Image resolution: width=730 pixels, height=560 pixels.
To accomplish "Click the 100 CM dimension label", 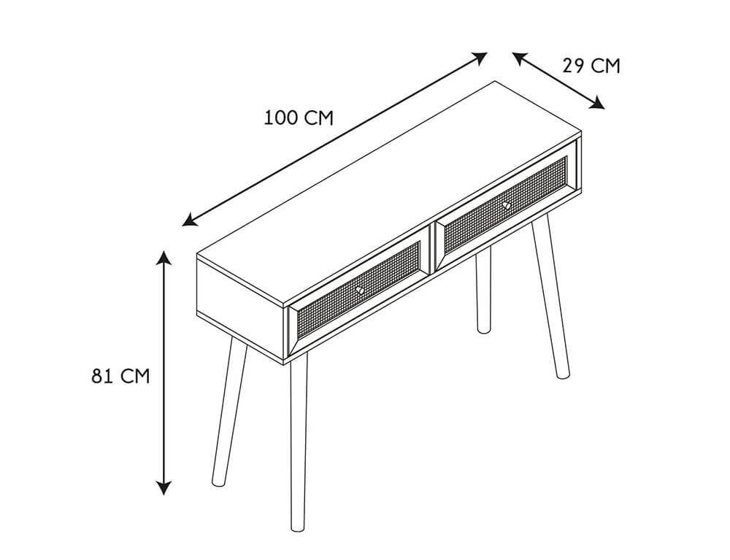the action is click(x=299, y=118).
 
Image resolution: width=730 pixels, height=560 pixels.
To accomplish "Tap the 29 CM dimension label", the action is click(x=591, y=66).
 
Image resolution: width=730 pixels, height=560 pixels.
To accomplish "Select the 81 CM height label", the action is click(x=120, y=376).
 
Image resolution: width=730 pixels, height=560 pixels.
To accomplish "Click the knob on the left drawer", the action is click(x=359, y=290).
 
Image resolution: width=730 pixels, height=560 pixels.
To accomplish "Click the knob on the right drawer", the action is click(x=506, y=205).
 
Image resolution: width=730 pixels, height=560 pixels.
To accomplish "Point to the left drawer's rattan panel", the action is click(x=358, y=291).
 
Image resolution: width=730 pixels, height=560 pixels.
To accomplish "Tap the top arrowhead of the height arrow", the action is click(x=164, y=258).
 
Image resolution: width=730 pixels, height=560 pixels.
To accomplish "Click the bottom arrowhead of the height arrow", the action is click(x=164, y=488).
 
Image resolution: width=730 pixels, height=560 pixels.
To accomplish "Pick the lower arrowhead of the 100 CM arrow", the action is click(x=190, y=220).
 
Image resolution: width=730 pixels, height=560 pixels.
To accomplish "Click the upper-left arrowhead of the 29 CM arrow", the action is click(x=520, y=58).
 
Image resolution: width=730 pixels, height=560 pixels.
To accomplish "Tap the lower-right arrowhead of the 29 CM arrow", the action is click(x=596, y=104).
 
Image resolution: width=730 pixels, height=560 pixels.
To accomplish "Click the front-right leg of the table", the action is click(x=550, y=296).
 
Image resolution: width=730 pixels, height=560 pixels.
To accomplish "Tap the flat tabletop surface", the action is click(x=389, y=193).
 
